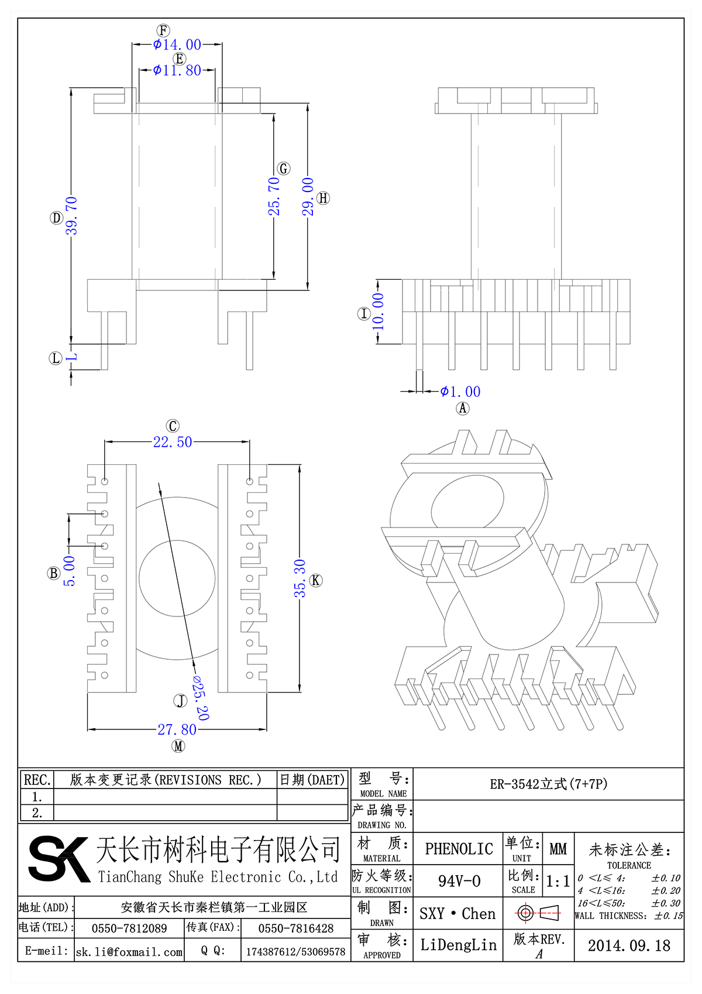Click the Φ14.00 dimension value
(177, 44)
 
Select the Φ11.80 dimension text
(177, 70)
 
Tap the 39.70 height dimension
(71, 215)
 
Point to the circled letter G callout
(284, 169)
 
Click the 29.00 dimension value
(308, 197)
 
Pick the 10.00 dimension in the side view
(378, 311)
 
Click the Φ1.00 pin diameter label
(460, 392)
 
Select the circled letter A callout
(463, 408)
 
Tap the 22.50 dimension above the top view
(173, 442)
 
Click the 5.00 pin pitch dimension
(70, 571)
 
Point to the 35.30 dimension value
(300, 578)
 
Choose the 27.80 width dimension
(177, 729)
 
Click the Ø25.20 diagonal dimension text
(200, 697)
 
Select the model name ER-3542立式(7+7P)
(548, 784)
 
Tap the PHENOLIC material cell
(459, 849)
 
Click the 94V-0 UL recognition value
(459, 881)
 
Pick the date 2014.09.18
(629, 945)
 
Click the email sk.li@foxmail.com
(129, 952)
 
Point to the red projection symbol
(538, 913)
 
